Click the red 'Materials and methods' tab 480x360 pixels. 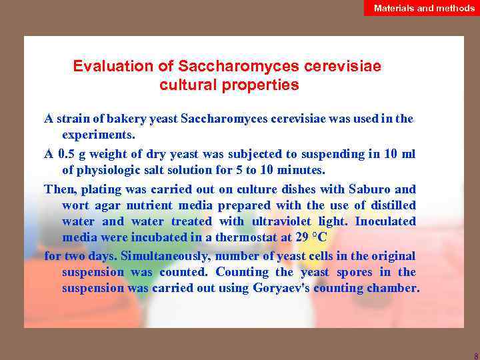tap(424, 8)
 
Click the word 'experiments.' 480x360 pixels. tap(98, 135)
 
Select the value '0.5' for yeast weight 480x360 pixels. tap(68, 154)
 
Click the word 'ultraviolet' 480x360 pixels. tap(291, 221)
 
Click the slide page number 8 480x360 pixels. tap(475, 355)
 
